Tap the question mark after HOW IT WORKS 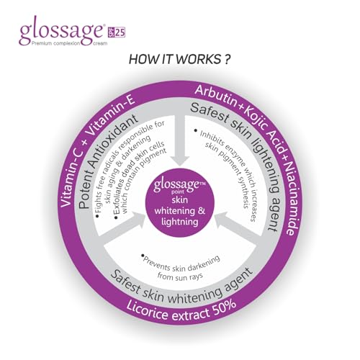click(227, 59)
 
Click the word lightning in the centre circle click(180, 222)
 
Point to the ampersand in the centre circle click(202, 211)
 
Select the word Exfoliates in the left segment click(121, 200)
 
